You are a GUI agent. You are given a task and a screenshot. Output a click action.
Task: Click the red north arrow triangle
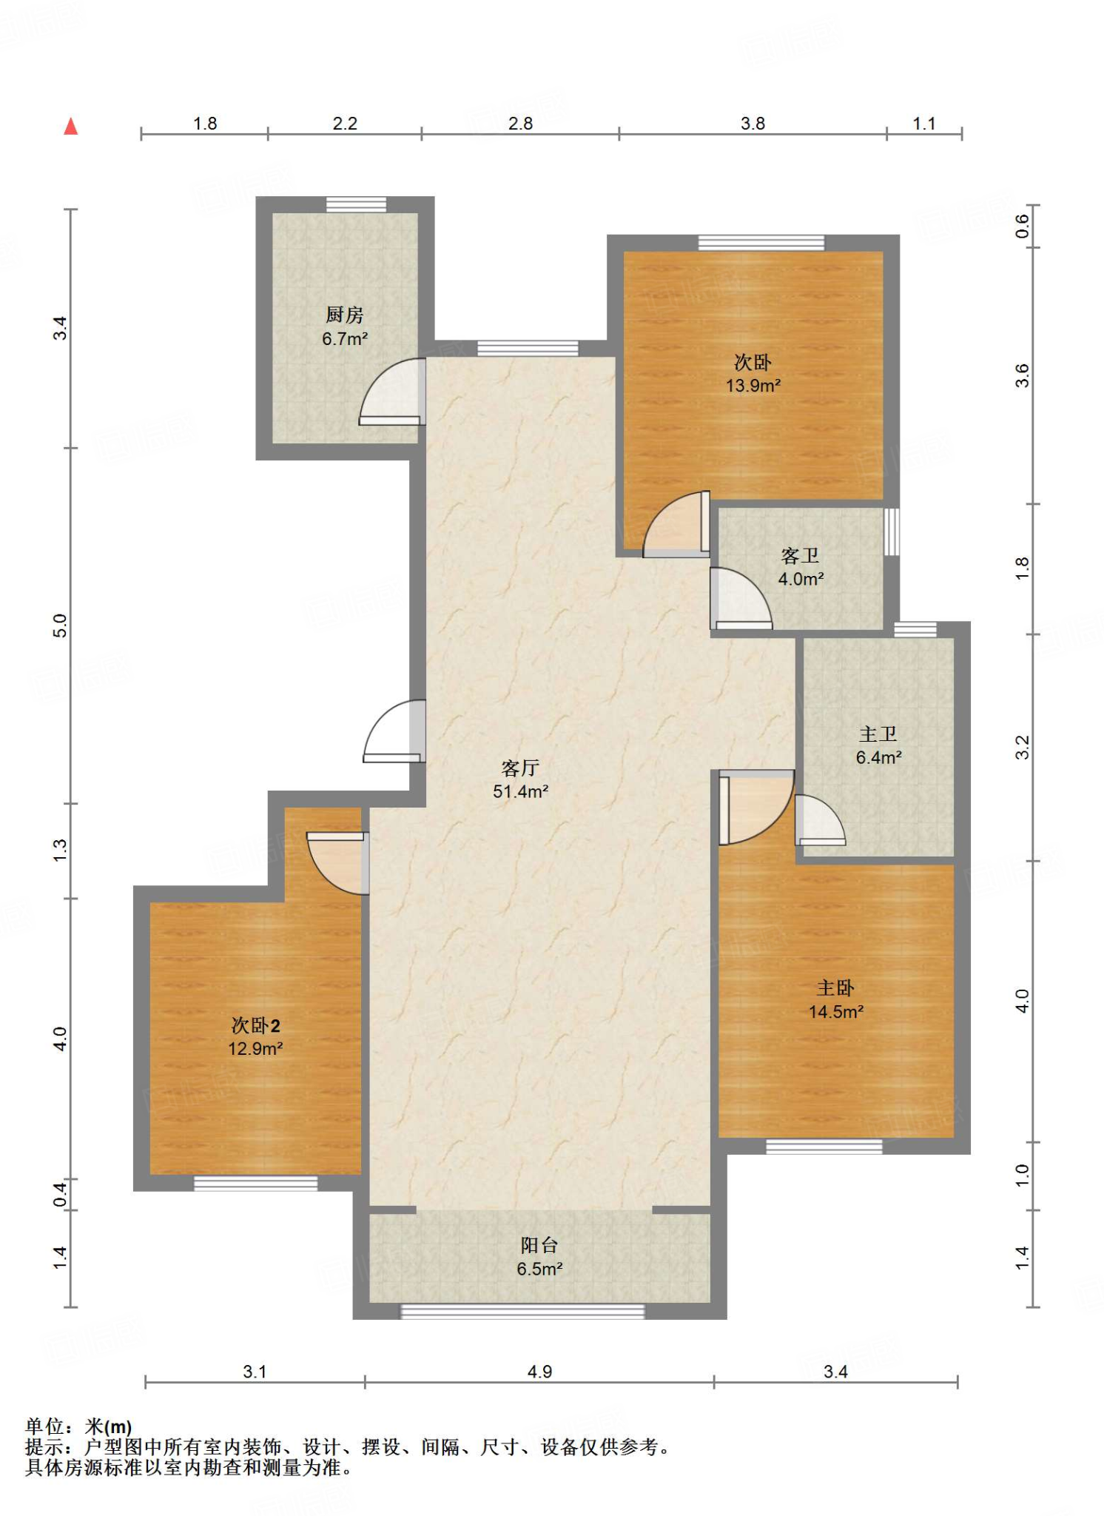(x=71, y=127)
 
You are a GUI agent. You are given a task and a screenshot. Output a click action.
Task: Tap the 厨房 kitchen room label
(x=345, y=315)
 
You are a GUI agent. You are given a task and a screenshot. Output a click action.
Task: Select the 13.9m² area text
(x=753, y=386)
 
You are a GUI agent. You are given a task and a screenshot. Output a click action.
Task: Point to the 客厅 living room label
(x=520, y=768)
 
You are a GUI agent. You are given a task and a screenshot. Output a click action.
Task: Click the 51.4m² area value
(x=521, y=791)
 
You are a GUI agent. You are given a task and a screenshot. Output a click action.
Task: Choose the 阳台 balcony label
(x=539, y=1245)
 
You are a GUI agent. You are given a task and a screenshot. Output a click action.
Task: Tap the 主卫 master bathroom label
(x=878, y=734)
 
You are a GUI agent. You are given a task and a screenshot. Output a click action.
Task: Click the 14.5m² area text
(x=836, y=1012)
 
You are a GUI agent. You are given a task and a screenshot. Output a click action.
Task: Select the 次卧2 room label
(x=256, y=1025)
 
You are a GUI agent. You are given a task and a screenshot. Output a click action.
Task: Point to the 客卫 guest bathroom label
(x=800, y=555)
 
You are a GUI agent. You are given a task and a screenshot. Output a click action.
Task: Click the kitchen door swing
(x=392, y=392)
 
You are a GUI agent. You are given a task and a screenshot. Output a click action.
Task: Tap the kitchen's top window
(x=357, y=204)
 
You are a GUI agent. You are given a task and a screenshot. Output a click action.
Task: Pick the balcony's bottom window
(x=522, y=1312)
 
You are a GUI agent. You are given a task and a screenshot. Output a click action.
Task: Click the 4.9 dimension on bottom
(x=539, y=1372)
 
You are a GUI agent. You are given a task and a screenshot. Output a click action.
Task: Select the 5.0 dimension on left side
(x=60, y=625)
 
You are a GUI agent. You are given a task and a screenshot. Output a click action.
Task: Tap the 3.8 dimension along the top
(x=753, y=124)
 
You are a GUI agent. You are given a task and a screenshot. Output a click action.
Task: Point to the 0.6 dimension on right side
(x=1022, y=226)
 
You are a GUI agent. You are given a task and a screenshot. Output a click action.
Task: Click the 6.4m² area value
(x=879, y=757)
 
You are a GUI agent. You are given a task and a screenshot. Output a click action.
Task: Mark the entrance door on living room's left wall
(x=394, y=731)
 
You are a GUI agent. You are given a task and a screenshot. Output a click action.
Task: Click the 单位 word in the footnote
(x=44, y=1426)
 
